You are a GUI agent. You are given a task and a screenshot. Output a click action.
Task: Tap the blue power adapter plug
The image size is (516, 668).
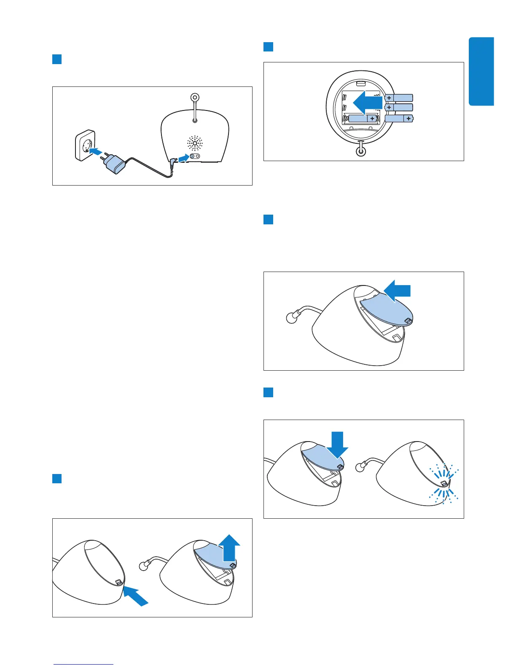click(x=115, y=163)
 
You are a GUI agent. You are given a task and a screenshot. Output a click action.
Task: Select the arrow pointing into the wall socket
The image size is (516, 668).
click(x=97, y=151)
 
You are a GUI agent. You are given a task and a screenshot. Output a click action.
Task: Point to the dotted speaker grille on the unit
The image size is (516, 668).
click(x=195, y=144)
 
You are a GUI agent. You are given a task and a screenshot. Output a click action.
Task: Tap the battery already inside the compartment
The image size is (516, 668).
click(x=362, y=119)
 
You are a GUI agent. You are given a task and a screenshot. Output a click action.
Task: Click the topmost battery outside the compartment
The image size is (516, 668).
click(x=398, y=98)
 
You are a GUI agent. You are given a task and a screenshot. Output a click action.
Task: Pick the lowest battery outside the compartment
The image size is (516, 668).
click(x=399, y=119)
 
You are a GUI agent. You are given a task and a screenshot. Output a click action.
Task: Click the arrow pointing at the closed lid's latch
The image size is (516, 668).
click(x=136, y=597)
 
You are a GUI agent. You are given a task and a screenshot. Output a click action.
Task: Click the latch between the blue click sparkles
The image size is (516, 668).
click(x=443, y=484)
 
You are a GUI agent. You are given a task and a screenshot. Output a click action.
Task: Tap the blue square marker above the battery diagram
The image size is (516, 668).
click(x=269, y=46)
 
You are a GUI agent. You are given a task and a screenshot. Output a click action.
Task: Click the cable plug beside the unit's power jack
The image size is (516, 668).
click(x=173, y=162)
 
